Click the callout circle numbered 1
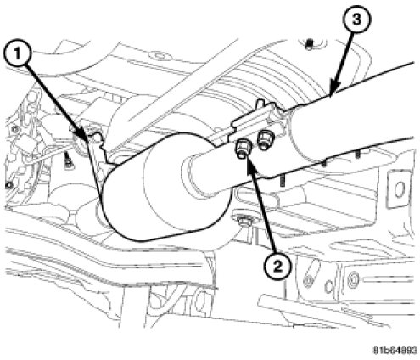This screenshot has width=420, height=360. [x=17, y=54]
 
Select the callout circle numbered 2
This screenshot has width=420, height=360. [x=277, y=266]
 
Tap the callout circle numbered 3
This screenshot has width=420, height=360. [x=356, y=20]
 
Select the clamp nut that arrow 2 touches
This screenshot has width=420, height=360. [x=243, y=149]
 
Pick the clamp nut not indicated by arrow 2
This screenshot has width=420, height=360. [x=264, y=140]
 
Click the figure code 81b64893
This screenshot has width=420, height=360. [x=395, y=351]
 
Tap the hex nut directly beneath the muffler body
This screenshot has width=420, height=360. [x=244, y=220]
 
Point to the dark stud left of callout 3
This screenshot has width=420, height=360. [x=310, y=44]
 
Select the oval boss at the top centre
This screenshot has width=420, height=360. [x=160, y=56]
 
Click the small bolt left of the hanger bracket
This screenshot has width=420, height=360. [x=67, y=160]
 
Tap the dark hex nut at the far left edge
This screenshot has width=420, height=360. [x=8, y=185]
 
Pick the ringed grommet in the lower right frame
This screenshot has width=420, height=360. [x=354, y=278]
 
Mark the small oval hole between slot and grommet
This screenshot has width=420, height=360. [x=329, y=286]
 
